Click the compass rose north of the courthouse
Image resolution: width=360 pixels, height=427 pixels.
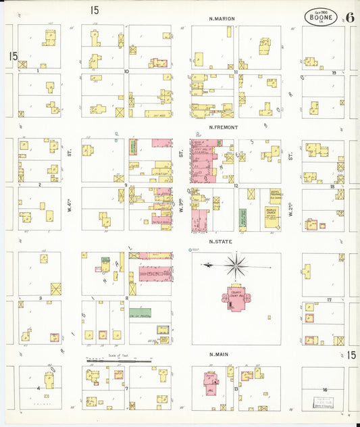tap(235, 265)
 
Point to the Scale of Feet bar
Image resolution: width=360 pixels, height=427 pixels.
tap(118, 361)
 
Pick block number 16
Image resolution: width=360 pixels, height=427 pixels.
tap(326, 390)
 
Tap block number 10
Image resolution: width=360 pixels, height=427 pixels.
tap(126, 71)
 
